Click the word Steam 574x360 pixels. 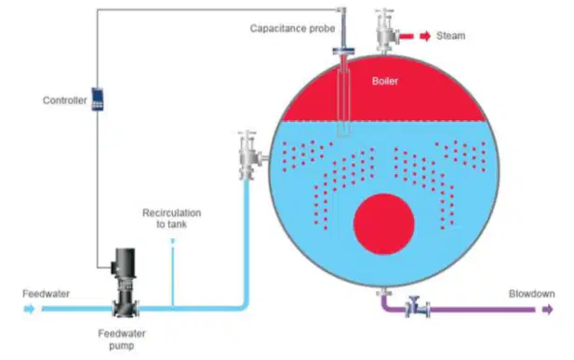(450, 36)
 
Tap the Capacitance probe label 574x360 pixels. (292, 29)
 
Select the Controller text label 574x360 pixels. (65, 100)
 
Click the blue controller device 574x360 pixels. (98, 99)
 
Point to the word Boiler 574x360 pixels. (385, 81)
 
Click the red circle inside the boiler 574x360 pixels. (383, 224)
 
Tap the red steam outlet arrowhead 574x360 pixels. (425, 36)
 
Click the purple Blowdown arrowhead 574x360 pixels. (548, 310)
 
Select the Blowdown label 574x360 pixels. (531, 294)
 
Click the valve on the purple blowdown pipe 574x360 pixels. (418, 307)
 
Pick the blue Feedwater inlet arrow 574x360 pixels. (29, 309)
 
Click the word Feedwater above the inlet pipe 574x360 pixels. (47, 294)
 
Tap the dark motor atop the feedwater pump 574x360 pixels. (125, 262)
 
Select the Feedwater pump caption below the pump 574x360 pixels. (122, 340)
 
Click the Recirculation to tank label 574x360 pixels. (172, 219)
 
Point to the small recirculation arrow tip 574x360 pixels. (173, 240)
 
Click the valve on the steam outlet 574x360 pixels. (386, 31)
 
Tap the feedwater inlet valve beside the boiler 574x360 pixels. (249, 155)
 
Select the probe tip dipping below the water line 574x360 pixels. (343, 129)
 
